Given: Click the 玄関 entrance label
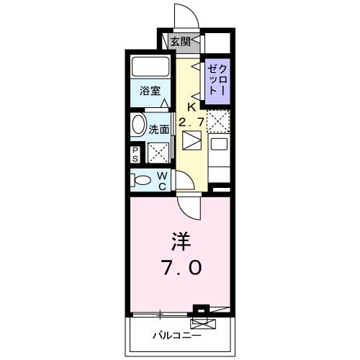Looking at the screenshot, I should pyautogui.click(x=181, y=42).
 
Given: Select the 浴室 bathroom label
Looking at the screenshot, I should pyautogui.click(x=150, y=93).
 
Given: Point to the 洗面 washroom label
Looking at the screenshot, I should pyautogui.click(x=158, y=130).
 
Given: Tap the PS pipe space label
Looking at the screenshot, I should pyautogui.click(x=135, y=153).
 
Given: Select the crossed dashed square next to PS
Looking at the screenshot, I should pyautogui.click(x=158, y=153).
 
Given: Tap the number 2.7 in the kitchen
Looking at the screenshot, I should pyautogui.click(x=192, y=123).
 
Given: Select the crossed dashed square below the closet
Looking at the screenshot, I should pyautogui.click(x=218, y=120).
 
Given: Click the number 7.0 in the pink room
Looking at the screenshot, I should pyautogui.click(x=181, y=268).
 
